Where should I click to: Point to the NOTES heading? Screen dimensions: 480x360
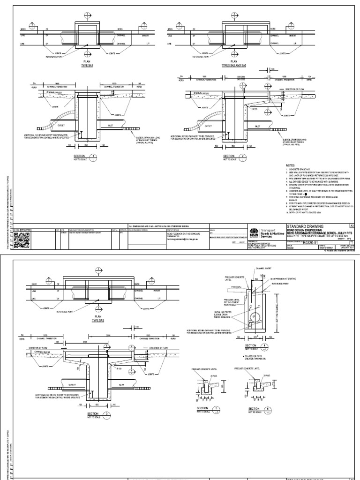click(x=291, y=165)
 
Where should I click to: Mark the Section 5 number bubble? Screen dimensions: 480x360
click(x=217, y=409)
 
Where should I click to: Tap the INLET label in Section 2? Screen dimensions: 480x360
click(x=258, y=127)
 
